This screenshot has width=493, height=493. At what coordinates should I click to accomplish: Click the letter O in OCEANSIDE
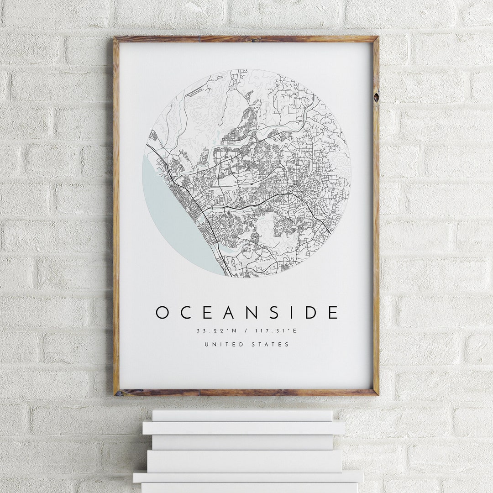tap(162, 313)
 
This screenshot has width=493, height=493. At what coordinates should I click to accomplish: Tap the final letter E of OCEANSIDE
tap(333, 313)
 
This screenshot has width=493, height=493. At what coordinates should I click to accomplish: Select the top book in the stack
tap(242, 415)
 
